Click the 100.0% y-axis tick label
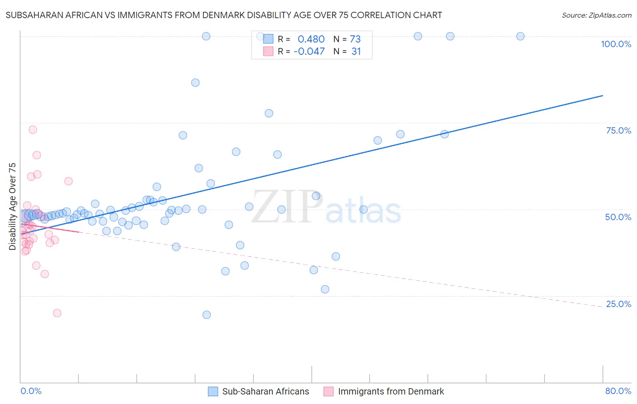616,44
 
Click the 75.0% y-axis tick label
618,130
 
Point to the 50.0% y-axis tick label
618,217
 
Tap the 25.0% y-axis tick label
618,304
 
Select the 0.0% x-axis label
31,391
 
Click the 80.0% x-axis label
618,391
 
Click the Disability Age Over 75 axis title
12,207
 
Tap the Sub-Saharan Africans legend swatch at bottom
213,391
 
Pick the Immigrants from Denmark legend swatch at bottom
328,391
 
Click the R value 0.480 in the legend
311,39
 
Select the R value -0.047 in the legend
309,52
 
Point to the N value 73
355,39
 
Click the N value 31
356,52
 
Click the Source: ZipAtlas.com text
596,15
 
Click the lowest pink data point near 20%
57,313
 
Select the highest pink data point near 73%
33,130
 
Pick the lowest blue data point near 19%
207,315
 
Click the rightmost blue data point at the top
521,36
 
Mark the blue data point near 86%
195,82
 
